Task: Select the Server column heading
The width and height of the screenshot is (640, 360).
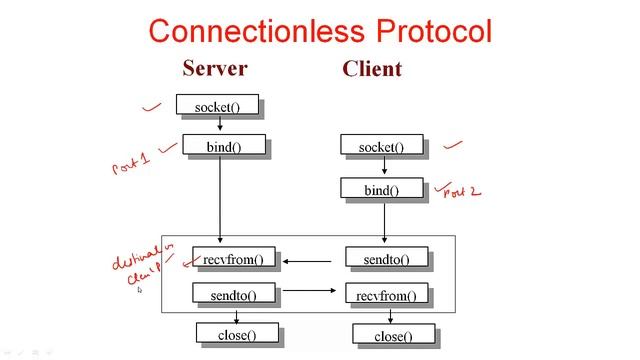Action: [214, 69]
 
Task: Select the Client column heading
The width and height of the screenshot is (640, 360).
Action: [371, 69]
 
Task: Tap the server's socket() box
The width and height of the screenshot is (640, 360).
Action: [217, 105]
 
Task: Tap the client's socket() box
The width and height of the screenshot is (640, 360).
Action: [381, 148]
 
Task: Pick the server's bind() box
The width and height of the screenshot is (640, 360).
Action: [223, 147]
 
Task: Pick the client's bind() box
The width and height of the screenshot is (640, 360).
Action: [381, 190]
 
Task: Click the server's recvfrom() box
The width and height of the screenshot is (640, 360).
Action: [233, 260]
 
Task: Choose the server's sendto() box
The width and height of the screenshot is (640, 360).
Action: [233, 295]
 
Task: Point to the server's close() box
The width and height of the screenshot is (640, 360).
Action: [236, 335]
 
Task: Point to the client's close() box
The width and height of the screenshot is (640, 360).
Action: [393, 336]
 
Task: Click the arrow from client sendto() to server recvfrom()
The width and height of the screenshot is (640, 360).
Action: [308, 261]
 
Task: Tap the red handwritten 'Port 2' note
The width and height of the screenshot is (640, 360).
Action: [460, 191]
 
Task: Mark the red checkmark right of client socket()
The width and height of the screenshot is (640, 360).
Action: [454, 145]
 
